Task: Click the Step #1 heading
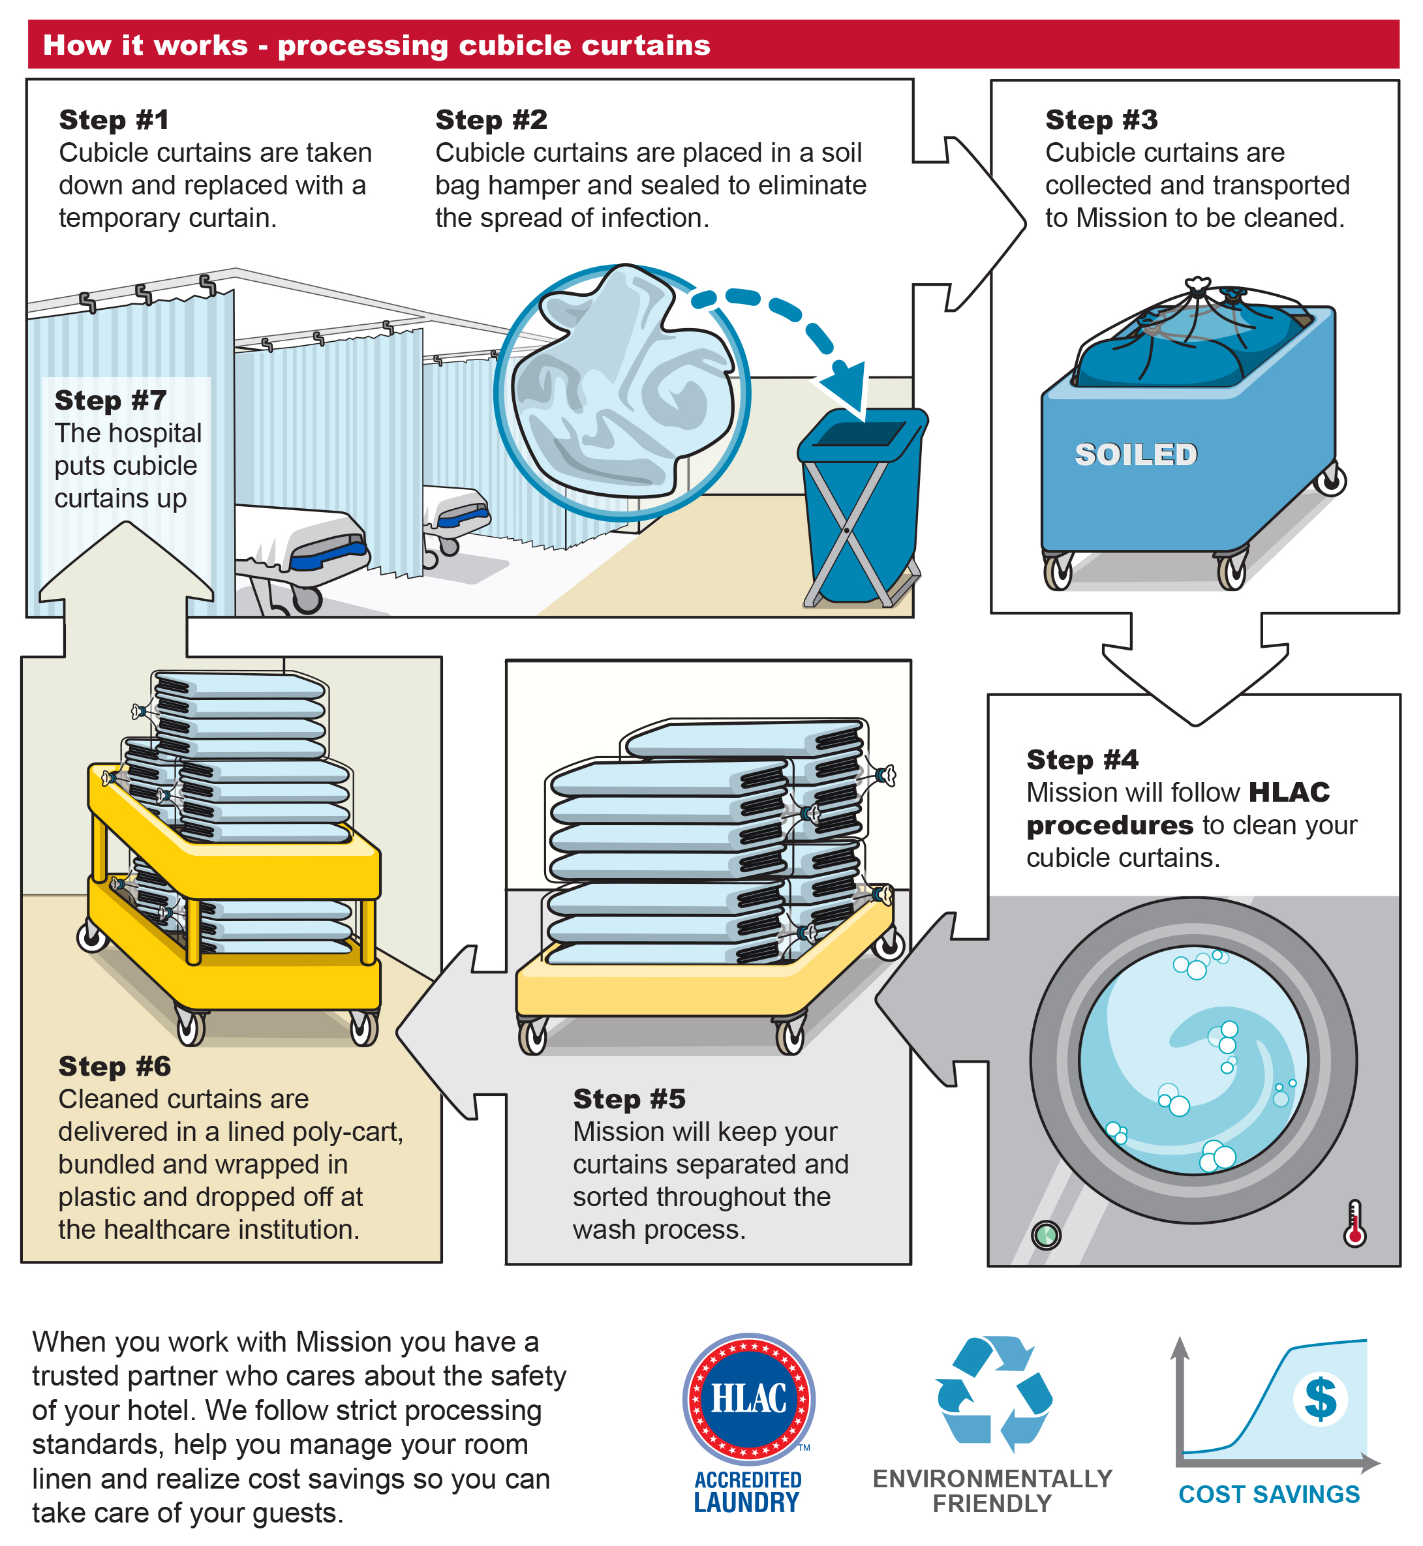click(114, 120)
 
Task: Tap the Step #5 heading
click(629, 1099)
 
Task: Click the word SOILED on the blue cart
click(1136, 455)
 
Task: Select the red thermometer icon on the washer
click(1354, 1224)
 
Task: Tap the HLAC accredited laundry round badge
click(748, 1399)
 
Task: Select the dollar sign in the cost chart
click(1321, 1399)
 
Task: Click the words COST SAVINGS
click(1269, 1494)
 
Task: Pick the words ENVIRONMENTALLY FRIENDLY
click(992, 1491)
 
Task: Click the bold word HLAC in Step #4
click(1289, 793)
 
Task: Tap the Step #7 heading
click(111, 401)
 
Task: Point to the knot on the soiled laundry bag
click(1197, 288)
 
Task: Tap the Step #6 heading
click(115, 1067)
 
